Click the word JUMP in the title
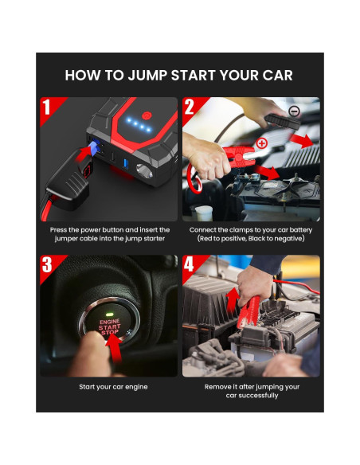click(x=148, y=76)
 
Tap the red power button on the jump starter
click(x=147, y=115)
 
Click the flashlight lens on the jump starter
click(x=144, y=171)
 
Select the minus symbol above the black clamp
click(x=294, y=111)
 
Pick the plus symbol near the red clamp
click(x=262, y=143)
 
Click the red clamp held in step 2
click(x=239, y=156)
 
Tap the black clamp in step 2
click(x=282, y=122)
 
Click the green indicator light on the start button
click(x=109, y=315)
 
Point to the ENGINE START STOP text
click(x=109, y=327)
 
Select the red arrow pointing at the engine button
click(x=115, y=349)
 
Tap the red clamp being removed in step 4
click(x=248, y=312)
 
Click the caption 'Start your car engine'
click(x=113, y=387)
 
